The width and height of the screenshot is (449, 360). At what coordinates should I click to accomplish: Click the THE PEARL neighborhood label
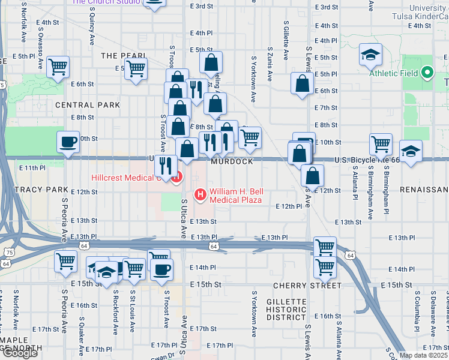(x=124, y=56)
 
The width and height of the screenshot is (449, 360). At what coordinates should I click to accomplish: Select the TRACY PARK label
(x=33, y=190)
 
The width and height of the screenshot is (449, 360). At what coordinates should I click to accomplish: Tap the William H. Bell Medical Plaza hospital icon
(x=200, y=194)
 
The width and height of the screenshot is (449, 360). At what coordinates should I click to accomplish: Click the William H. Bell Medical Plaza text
(x=235, y=196)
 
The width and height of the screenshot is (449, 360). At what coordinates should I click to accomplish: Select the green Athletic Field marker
(x=427, y=73)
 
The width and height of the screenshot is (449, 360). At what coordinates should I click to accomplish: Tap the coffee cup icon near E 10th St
(x=67, y=143)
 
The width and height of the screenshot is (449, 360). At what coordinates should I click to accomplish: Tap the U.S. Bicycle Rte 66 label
(x=366, y=160)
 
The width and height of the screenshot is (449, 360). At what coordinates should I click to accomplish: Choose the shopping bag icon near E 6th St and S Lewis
(x=301, y=85)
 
